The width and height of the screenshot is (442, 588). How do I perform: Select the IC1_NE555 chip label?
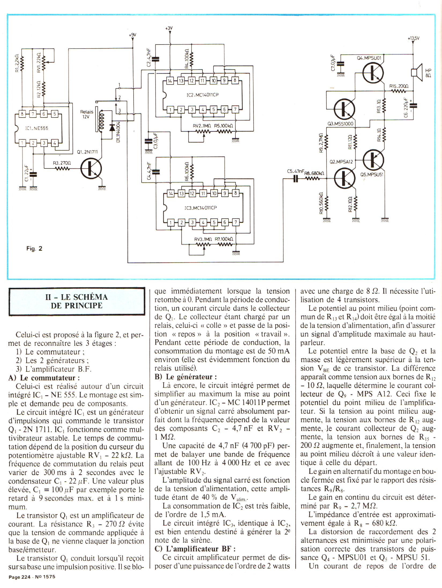pyautogui.click(x=37, y=128)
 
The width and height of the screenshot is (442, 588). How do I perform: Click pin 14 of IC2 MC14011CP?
pyautogui.click(x=170, y=80)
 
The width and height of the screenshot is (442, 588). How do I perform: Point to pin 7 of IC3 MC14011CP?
pyautogui.click(x=235, y=222)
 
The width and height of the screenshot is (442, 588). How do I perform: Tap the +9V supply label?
pyautogui.click(x=132, y=35)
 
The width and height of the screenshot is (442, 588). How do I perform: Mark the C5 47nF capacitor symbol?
pyautogui.click(x=296, y=178)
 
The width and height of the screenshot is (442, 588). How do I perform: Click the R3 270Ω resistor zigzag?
pyautogui.click(x=62, y=168)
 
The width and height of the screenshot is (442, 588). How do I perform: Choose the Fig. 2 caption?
pyautogui.click(x=34, y=248)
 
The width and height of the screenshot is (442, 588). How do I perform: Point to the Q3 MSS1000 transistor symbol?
pyautogui.click(x=344, y=109)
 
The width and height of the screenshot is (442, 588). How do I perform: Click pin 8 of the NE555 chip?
pyautogui.click(x=22, y=114)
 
